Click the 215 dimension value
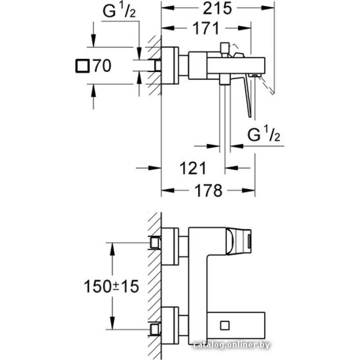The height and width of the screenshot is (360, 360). pos(217,9)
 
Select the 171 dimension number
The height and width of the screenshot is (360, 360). pos(206,28)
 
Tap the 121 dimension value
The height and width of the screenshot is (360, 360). pos(193,168)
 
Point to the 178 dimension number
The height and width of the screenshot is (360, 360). pos(208,190)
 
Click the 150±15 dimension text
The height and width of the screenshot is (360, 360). pos(111,286)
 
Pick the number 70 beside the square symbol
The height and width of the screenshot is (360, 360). pos(102,66)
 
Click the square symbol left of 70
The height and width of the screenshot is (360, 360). pos(82,66)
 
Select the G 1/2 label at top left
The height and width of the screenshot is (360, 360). pos(119,11)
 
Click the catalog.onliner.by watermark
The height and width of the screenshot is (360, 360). pos(231,345)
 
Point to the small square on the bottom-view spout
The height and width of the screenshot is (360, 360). pos(225,325)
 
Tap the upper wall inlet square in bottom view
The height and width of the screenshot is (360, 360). pos(154,243)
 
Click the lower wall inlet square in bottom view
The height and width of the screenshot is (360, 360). pos(154,329)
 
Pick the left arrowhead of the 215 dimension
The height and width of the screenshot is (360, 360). pos(168,8)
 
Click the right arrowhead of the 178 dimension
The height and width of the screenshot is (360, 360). pos(248,190)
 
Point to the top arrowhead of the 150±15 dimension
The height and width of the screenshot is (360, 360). pos(112,249)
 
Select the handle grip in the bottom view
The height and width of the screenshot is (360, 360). pos(239,242)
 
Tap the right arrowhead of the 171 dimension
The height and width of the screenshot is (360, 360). pos(244,28)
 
